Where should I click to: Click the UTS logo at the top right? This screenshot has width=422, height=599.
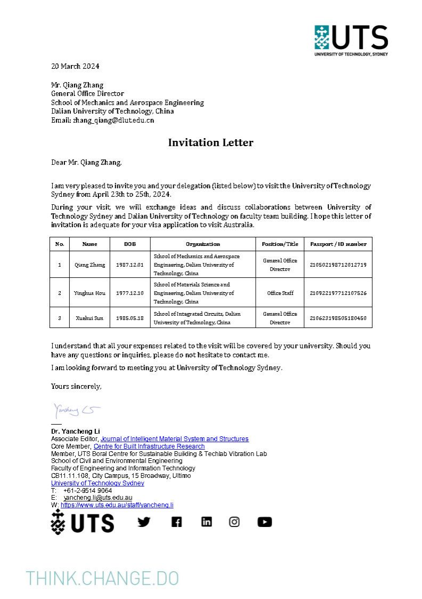pyautogui.click(x=351, y=40)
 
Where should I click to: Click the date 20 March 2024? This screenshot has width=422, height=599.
pyautogui.click(x=75, y=66)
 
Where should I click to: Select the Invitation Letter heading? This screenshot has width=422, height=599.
pyautogui.click(x=210, y=142)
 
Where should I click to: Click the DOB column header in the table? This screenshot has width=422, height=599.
pyautogui.click(x=129, y=244)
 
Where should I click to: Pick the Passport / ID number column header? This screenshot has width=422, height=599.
pyautogui.click(x=338, y=244)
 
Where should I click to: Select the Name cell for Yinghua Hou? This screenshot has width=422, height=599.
pyautogui.click(x=90, y=293)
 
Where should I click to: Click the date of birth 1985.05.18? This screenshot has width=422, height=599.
pyautogui.click(x=129, y=318)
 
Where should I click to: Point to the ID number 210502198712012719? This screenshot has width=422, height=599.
pyautogui.click(x=338, y=265)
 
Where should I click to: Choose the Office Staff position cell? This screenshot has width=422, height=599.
pyautogui.click(x=280, y=293)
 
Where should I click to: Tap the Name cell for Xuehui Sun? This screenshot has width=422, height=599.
pyautogui.click(x=90, y=318)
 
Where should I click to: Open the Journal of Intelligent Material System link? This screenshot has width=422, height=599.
pyautogui.click(x=174, y=438)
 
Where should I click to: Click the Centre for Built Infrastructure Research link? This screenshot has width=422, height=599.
pyautogui.click(x=149, y=446)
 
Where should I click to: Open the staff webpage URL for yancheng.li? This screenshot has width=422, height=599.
pyautogui.click(x=117, y=505)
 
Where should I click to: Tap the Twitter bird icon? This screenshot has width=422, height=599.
pyautogui.click(x=144, y=522)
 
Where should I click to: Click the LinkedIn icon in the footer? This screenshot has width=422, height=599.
pyautogui.click(x=206, y=522)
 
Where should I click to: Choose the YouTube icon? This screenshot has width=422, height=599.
pyautogui.click(x=264, y=522)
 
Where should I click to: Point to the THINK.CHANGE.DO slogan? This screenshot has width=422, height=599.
pyautogui.click(x=102, y=578)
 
